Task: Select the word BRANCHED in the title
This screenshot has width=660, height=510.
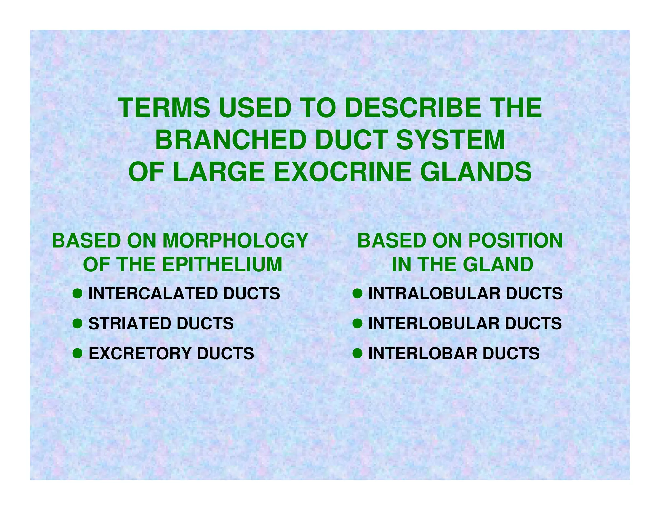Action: pyautogui.click(x=230, y=140)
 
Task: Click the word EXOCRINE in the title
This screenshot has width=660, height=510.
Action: pyautogui.click(x=342, y=172)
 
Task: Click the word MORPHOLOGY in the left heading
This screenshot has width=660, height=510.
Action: pyautogui.click(x=235, y=241)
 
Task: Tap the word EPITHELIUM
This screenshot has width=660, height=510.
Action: pyautogui.click(x=222, y=264)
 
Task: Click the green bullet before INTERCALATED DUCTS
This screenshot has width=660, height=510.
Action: pyautogui.click(x=77, y=293)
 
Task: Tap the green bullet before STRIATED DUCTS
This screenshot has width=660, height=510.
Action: pyautogui.click(x=77, y=323)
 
